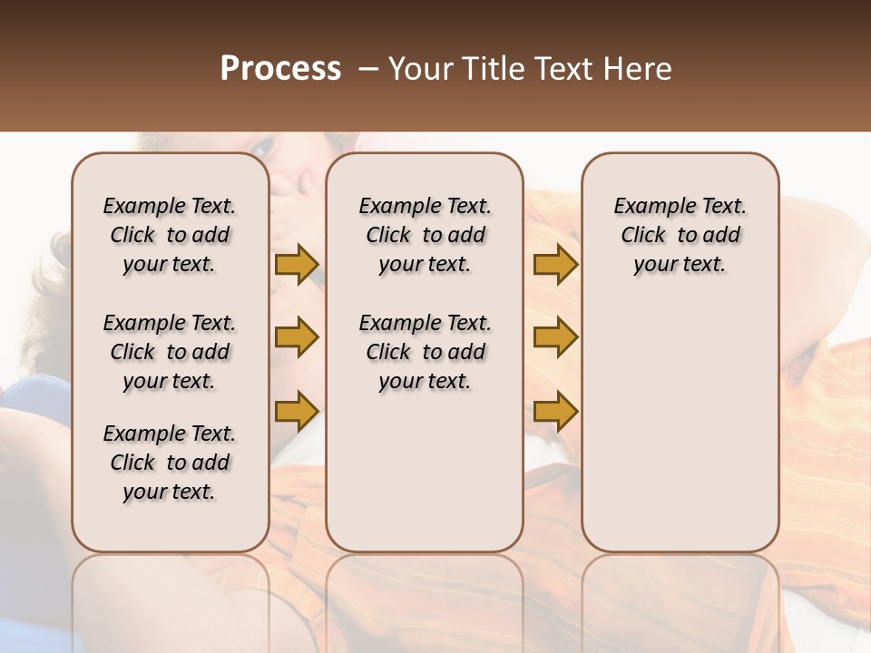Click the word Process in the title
click(280, 69)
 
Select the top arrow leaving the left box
click(297, 265)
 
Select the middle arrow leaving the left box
click(297, 338)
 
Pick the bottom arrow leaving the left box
click(297, 412)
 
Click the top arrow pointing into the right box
click(555, 265)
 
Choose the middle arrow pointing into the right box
click(555, 338)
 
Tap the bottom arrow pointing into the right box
click(555, 412)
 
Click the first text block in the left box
click(170, 235)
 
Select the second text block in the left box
click(170, 352)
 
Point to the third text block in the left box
click(170, 463)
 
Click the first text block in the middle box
click(425, 235)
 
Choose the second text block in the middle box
click(425, 352)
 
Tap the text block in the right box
click(680, 235)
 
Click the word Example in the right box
click(647, 207)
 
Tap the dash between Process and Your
click(367, 69)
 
